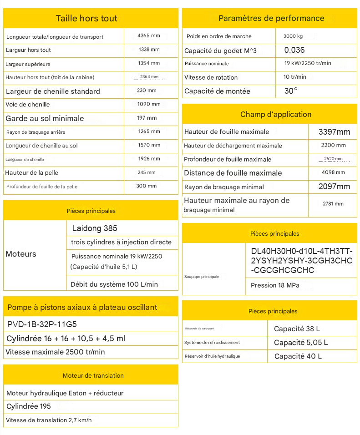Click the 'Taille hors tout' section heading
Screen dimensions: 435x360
[x=86, y=19]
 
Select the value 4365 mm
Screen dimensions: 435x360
[x=149, y=35]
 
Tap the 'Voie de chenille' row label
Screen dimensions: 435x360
[x=28, y=105]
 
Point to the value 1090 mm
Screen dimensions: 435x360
[x=149, y=104]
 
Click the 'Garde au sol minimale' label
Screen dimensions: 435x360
[x=45, y=118]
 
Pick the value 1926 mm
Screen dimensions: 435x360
[x=149, y=159]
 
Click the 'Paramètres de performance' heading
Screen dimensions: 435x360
[x=271, y=19]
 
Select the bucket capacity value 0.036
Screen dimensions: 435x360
[x=294, y=50]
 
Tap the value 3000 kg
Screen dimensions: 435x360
[x=293, y=36]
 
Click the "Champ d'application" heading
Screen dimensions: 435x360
[x=276, y=115]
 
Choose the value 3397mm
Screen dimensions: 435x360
[x=334, y=132]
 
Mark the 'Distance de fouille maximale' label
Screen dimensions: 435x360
[x=233, y=173]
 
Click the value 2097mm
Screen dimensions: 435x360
[x=334, y=187]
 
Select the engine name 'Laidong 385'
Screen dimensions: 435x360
[x=95, y=228]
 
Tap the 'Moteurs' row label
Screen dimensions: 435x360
[x=21, y=254]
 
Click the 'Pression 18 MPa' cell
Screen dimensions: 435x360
[x=275, y=285]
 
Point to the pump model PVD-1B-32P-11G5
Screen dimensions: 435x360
[x=42, y=324]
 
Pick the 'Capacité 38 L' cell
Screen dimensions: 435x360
[x=297, y=329]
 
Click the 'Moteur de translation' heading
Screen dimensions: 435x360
[x=93, y=376]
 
